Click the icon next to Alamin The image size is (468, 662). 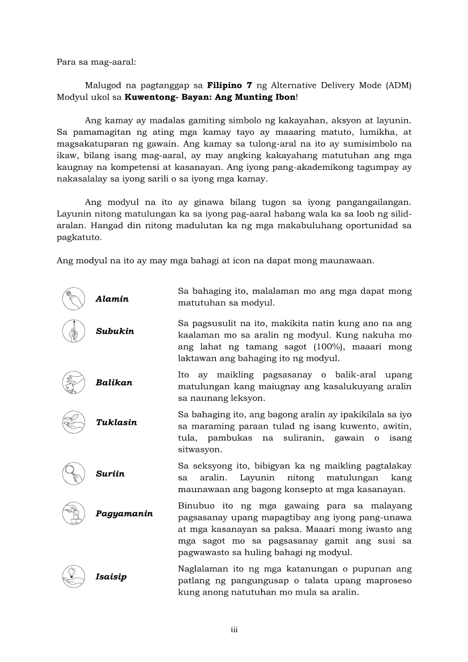tap(74, 298)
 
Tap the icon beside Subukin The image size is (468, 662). tap(74, 331)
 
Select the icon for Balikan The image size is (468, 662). tap(74, 382)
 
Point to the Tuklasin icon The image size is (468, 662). tap(74, 422)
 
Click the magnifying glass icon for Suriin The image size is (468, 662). tap(74, 473)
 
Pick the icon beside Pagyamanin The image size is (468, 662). tap(74, 514)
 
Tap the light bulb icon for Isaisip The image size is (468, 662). tap(74, 576)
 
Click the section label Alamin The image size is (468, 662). tap(112, 299)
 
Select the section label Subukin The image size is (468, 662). tap(115, 331)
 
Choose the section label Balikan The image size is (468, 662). tap(114, 383)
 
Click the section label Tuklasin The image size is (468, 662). tap(116, 422)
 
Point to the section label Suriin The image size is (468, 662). tap(110, 473)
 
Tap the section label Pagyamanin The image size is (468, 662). tap(124, 514)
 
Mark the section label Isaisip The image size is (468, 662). tap(111, 577)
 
